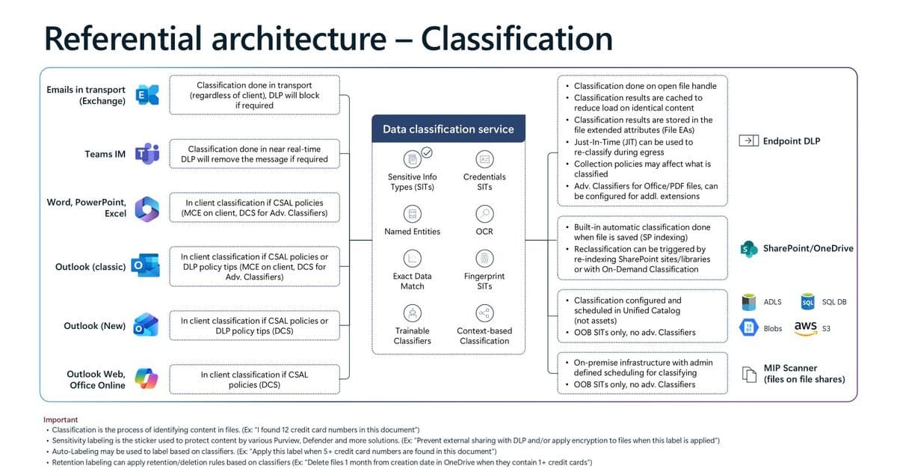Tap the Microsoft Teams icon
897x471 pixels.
(x=146, y=154)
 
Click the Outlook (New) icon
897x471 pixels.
(x=144, y=325)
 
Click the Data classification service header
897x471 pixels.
(x=448, y=129)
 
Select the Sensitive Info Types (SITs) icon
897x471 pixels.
(x=412, y=158)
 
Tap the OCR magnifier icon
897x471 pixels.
(x=484, y=214)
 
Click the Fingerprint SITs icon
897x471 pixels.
(x=484, y=259)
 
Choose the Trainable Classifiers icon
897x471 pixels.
(x=412, y=313)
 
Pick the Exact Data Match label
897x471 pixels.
(x=413, y=281)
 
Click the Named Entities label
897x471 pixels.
(x=413, y=232)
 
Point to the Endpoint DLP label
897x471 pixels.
(x=792, y=141)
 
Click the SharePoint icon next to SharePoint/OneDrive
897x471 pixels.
(x=748, y=249)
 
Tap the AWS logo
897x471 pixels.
(x=805, y=327)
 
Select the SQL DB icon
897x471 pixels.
(x=807, y=302)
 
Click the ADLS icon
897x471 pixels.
(x=748, y=302)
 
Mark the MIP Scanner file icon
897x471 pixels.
(x=748, y=374)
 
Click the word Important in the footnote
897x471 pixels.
(x=61, y=419)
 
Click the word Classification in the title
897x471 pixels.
(x=517, y=38)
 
